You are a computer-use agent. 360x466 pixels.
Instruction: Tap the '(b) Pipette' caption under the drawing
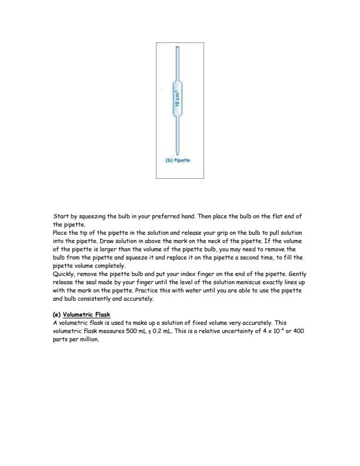point(179,160)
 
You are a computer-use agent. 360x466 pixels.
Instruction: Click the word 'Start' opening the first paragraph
point(61,217)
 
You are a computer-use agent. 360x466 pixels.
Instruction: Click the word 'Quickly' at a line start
point(64,274)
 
